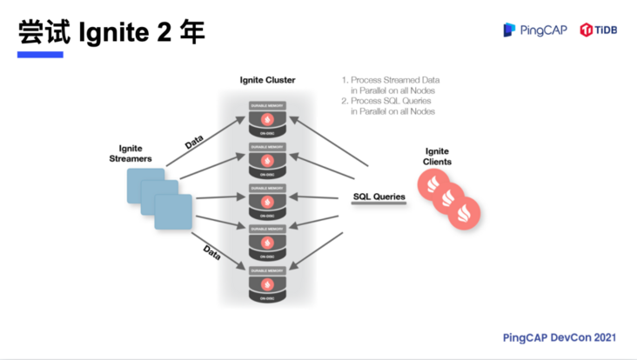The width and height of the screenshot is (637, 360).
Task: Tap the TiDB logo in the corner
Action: click(599, 30)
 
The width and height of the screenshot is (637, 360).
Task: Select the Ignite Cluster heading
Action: click(267, 80)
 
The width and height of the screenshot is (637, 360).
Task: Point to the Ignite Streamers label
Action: click(130, 154)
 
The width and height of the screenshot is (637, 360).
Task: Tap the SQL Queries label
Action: click(379, 197)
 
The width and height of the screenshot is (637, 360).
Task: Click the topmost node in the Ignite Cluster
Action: click(268, 118)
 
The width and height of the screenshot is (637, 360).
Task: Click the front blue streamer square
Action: click(173, 212)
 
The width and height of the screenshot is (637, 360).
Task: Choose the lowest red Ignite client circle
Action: click(464, 214)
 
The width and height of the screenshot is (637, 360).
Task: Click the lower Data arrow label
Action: click(211, 252)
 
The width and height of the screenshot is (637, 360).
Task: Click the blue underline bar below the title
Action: click(41, 55)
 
